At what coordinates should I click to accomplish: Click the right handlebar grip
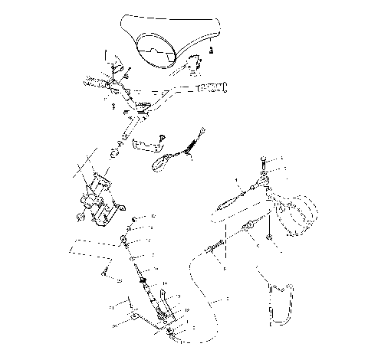point(213,90)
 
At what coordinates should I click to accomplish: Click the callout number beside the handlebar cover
point(213,50)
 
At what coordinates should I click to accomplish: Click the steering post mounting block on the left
point(98,201)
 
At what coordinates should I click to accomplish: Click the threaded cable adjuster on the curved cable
point(215,247)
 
